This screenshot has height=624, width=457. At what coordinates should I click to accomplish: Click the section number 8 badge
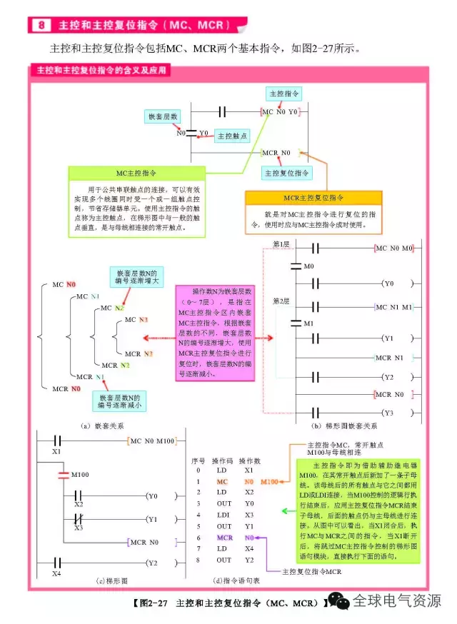pyautogui.click(x=41, y=25)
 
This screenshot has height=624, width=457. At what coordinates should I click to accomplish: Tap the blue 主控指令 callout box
pyautogui.click(x=283, y=94)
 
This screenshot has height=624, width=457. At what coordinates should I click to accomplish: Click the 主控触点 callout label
pyautogui.click(x=231, y=135)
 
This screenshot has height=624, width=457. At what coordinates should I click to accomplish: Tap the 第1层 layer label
pyautogui.click(x=281, y=245)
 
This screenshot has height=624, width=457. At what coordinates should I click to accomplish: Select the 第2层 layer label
pyautogui.click(x=281, y=301)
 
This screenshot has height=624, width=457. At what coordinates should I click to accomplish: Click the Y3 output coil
pyautogui.click(x=388, y=413)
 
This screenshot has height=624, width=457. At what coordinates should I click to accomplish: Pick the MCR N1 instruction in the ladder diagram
pyautogui.click(x=388, y=357)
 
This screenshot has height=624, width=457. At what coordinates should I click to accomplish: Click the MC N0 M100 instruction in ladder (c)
pyautogui.click(x=152, y=441)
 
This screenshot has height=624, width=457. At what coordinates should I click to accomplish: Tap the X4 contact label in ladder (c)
pyautogui.click(x=56, y=573)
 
